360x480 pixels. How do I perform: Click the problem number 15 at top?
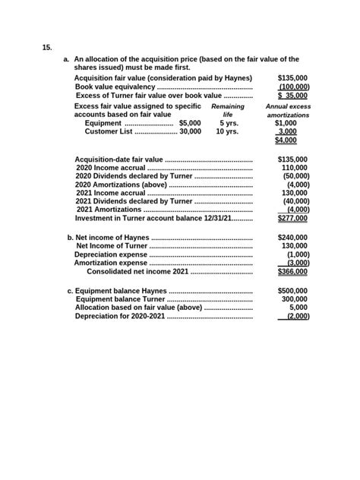tap(47, 47)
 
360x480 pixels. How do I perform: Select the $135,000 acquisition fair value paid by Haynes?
tap(292, 77)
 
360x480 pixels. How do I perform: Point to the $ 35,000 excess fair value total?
tap(292, 96)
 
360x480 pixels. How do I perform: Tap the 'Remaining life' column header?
tap(227, 111)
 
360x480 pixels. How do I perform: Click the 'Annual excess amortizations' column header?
tap(288, 111)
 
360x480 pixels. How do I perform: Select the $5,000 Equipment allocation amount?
tap(190, 122)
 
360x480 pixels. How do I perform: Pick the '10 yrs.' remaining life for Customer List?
tap(227, 131)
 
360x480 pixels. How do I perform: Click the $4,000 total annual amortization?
tap(286, 141)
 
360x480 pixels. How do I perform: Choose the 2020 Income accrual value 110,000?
tap(295, 168)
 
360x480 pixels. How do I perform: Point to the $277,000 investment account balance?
tap(292, 218)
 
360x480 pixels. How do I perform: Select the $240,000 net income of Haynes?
tap(292, 237)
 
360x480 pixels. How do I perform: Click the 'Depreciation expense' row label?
tap(106, 254)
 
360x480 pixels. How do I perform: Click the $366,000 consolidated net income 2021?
tap(292, 271)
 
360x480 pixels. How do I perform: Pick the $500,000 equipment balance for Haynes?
tap(292, 290)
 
